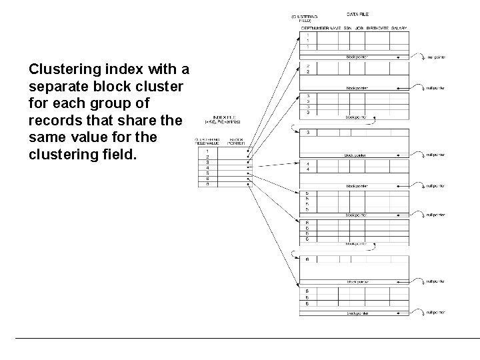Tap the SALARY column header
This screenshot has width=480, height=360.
click(399, 29)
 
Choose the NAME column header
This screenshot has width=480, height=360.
click(334, 29)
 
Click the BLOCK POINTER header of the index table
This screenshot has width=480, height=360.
click(236, 141)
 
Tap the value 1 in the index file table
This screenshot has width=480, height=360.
click(208, 151)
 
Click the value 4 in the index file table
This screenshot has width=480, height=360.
click(208, 167)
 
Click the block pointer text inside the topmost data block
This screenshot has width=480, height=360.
click(357, 57)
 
